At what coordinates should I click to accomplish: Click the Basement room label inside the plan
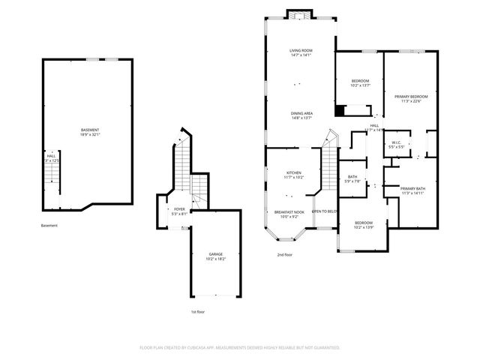(x=90, y=133)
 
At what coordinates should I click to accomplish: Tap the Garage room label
(x=216, y=256)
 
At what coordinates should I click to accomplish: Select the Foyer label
(x=179, y=211)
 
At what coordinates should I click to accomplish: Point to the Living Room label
(x=300, y=52)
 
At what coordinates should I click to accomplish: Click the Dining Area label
(x=301, y=115)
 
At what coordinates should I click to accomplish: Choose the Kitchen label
(x=293, y=175)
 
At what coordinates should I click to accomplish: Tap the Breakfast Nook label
(x=289, y=214)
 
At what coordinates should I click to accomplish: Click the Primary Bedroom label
(x=411, y=99)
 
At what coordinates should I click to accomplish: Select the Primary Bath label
(x=412, y=190)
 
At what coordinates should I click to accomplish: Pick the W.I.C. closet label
(x=397, y=145)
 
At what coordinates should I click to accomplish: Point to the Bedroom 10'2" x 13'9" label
(x=364, y=224)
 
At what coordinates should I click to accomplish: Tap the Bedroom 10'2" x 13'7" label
(x=360, y=82)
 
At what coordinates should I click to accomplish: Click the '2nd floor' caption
(x=284, y=255)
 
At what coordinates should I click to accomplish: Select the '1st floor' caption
(x=198, y=311)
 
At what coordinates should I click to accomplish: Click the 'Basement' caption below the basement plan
(x=49, y=226)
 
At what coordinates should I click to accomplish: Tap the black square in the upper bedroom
(x=340, y=111)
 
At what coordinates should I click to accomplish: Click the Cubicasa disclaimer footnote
(x=240, y=348)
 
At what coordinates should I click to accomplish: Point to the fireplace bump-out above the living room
(x=299, y=15)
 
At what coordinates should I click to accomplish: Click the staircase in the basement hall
(x=50, y=175)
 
